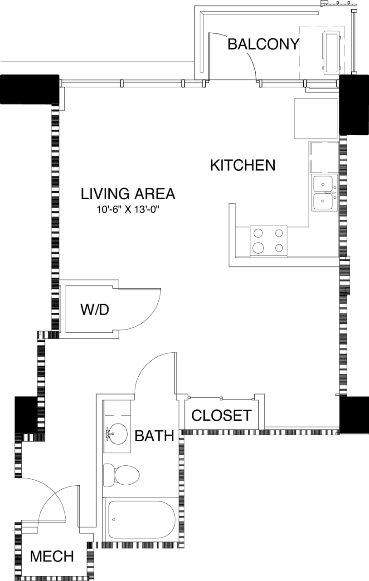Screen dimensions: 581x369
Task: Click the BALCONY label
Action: pyautogui.click(x=263, y=44)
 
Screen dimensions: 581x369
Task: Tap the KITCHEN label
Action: pyautogui.click(x=243, y=165)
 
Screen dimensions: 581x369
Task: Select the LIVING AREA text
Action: pyautogui.click(x=128, y=194)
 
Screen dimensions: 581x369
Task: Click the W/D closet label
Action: pyautogui.click(x=95, y=310)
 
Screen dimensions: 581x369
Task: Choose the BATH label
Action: pyautogui.click(x=155, y=436)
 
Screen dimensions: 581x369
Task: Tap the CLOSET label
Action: pyautogui.click(x=221, y=415)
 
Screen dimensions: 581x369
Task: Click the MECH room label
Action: pyautogui.click(x=52, y=556)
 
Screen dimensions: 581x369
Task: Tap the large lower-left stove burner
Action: pyautogui.click(x=258, y=247)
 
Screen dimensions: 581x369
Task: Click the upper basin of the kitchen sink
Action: pyautogui.click(x=324, y=184)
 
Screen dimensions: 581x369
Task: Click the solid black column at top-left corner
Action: pyautogui.click(x=30, y=89)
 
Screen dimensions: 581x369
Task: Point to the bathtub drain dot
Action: pyautogui.click(x=114, y=520)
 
